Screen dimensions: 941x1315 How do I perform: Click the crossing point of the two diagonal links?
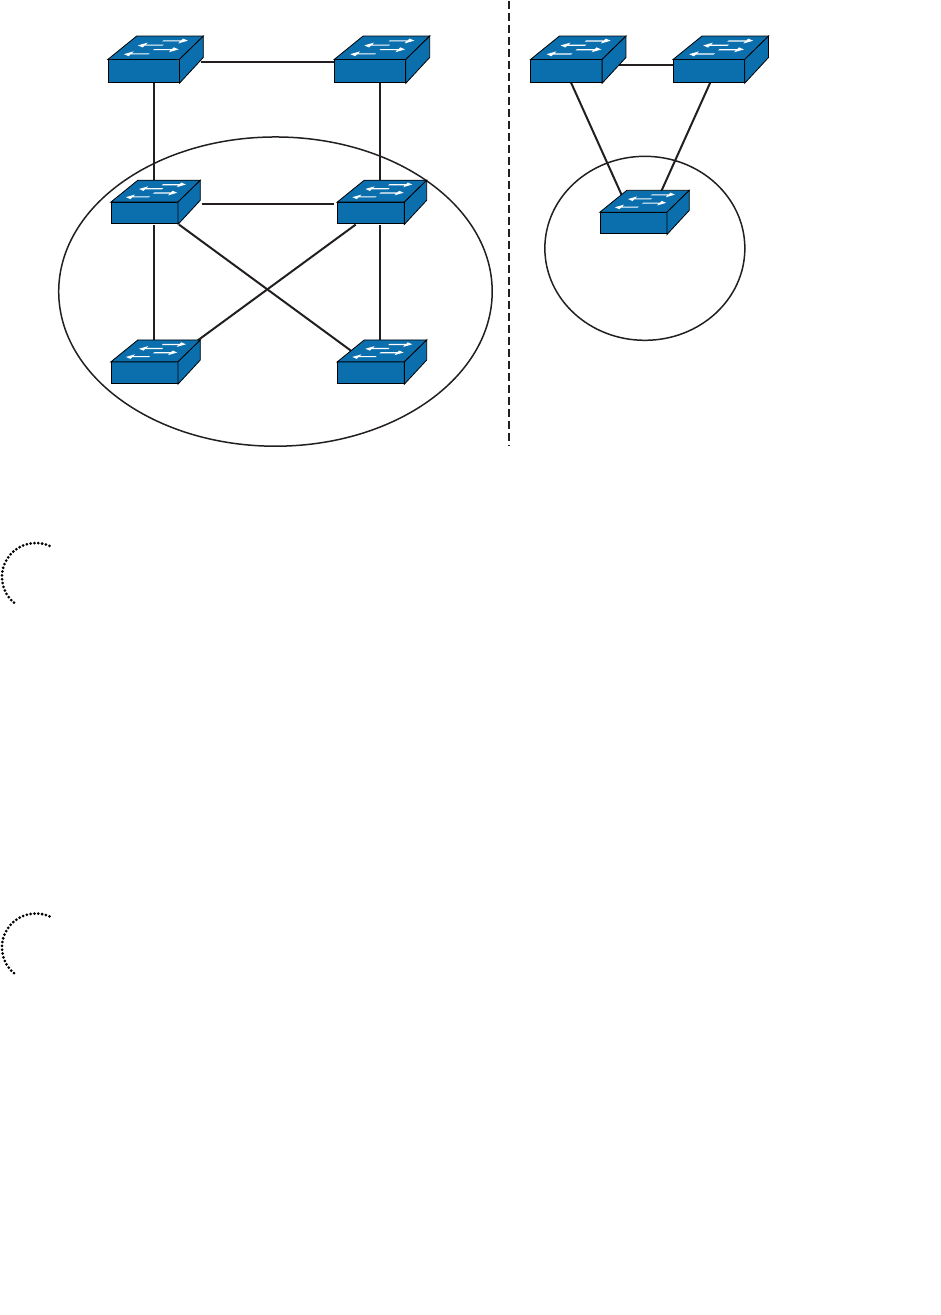[267, 290]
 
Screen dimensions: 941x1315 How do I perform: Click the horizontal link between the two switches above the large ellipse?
[268, 62]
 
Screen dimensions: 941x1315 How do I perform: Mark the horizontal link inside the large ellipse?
[268, 204]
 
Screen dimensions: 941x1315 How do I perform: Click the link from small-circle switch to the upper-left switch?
[598, 135]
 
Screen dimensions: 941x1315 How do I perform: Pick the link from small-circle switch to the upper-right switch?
[687, 135]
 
